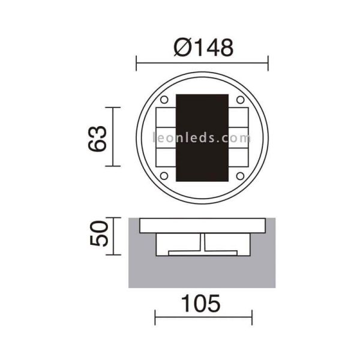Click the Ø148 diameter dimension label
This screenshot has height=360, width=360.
click(203, 48)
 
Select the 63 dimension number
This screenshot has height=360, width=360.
click(98, 139)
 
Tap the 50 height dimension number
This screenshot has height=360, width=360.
click(99, 233)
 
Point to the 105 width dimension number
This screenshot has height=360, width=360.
click(201, 304)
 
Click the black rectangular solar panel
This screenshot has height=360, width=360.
click(202, 138)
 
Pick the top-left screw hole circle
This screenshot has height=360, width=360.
click(164, 100)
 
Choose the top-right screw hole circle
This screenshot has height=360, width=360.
click(240, 100)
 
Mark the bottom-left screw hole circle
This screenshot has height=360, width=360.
click(164, 176)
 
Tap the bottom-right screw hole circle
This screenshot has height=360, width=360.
click(240, 176)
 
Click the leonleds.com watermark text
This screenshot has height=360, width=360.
click(202, 138)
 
